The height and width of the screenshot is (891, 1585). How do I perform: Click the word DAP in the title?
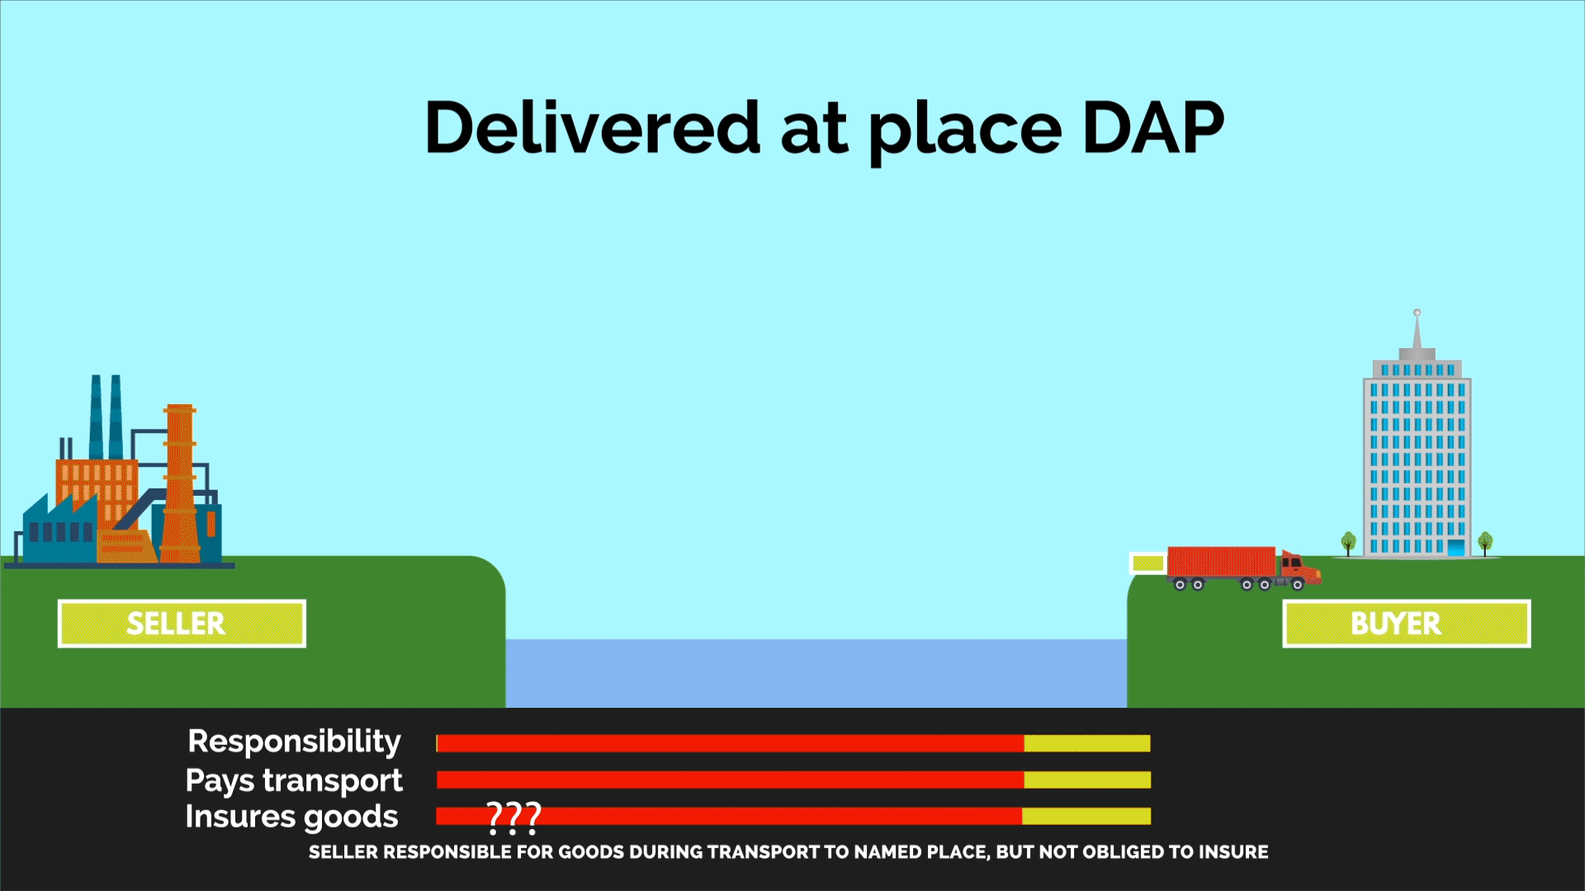point(1153,128)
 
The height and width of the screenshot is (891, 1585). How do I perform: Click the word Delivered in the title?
point(592,128)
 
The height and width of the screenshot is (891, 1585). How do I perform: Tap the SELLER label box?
point(182,624)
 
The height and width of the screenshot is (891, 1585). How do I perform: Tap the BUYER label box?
point(1406,624)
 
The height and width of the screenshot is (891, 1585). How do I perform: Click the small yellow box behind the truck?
point(1147,563)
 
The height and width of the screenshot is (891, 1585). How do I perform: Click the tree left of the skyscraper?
point(1349,543)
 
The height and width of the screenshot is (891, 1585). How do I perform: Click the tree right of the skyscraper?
point(1485,543)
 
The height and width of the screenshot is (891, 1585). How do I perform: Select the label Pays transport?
point(294,780)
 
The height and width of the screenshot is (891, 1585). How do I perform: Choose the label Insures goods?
point(291,817)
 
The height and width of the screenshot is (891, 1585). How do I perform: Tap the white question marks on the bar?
point(513,818)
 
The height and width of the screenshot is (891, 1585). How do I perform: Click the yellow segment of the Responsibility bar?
point(1087,743)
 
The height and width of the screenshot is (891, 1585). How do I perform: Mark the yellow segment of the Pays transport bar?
point(1087,780)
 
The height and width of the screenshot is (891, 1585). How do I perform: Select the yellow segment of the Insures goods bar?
point(1086,816)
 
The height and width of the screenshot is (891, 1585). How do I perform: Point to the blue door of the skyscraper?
point(1455,548)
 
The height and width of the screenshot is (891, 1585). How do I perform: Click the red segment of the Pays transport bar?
point(730,780)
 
